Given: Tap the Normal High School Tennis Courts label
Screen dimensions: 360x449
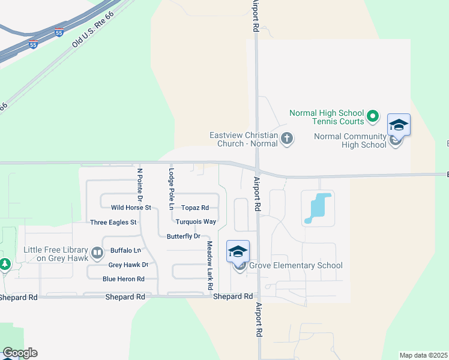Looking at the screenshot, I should coord(327,117).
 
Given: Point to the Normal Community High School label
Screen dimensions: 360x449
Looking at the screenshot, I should coord(351,140).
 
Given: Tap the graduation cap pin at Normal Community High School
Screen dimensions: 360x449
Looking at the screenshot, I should coord(399,125).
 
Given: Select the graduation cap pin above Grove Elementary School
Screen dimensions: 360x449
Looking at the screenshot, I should coord(238,251).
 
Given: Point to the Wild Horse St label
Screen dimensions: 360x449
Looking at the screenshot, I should coord(131,208).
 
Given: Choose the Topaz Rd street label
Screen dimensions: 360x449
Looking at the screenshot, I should coord(194,208).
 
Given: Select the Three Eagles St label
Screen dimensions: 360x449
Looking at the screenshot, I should coord(113,222).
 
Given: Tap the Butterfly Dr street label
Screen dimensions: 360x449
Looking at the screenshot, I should coord(183,236).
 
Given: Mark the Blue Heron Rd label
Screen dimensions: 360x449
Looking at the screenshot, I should coord(124,279).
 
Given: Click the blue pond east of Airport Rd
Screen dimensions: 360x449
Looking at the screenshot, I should coord(316,208).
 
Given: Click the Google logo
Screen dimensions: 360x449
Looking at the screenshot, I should coord(20,353).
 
